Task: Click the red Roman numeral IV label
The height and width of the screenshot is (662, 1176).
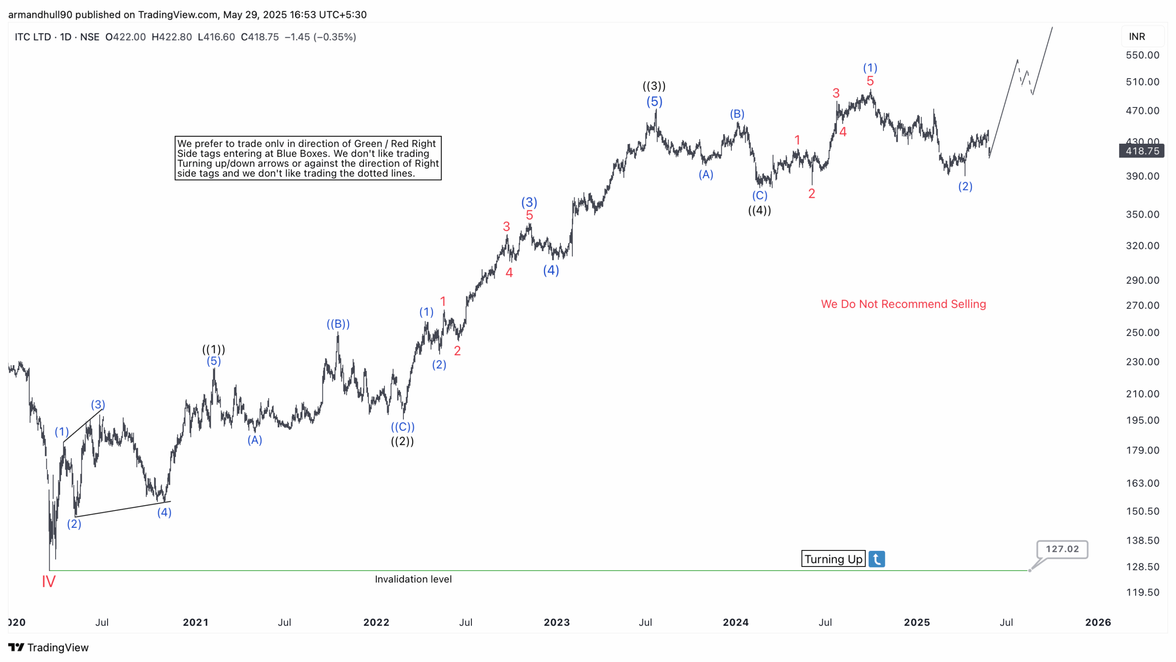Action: click(x=48, y=582)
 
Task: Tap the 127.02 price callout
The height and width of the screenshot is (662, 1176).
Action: click(x=1062, y=549)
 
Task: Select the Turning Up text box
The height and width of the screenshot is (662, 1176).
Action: click(x=833, y=559)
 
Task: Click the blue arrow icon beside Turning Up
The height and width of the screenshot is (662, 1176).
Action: click(x=876, y=559)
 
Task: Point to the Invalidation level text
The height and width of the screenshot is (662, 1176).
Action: click(x=413, y=579)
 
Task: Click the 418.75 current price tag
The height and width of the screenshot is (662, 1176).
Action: click(x=1142, y=151)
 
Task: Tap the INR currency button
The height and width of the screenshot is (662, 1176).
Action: click(x=1137, y=37)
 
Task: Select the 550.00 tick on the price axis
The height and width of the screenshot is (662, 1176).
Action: click(x=1142, y=55)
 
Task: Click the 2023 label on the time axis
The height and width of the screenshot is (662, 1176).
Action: click(x=556, y=623)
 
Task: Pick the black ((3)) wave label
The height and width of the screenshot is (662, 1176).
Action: click(x=654, y=86)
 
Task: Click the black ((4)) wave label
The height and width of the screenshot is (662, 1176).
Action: click(x=759, y=210)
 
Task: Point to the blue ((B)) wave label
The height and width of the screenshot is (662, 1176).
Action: click(x=338, y=324)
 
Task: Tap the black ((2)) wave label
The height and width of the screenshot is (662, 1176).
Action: click(x=402, y=441)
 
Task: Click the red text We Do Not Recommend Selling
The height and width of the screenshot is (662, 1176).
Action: click(x=903, y=304)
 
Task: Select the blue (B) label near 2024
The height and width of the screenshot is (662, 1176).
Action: click(x=737, y=114)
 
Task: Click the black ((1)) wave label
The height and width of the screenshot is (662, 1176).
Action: click(x=214, y=349)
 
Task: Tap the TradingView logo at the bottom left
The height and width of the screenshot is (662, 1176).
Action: click(x=48, y=647)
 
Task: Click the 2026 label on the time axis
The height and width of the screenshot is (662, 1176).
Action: click(x=1097, y=623)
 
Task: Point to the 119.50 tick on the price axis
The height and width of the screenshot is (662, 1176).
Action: click(x=1142, y=592)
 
